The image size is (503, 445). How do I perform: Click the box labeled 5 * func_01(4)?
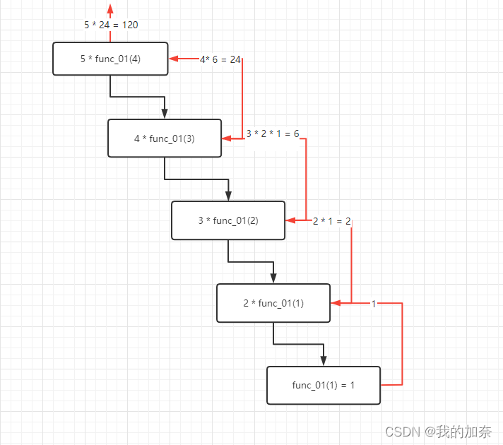coord(110,59)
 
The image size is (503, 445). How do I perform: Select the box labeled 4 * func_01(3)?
coord(165,138)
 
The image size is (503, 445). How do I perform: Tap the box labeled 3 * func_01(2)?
coord(228,220)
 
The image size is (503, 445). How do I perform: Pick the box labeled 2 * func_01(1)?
coord(273,303)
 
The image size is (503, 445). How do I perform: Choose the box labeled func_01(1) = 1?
coord(324,385)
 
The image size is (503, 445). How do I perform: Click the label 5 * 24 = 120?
coord(111,25)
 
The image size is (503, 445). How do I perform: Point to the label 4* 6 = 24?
coord(220,59)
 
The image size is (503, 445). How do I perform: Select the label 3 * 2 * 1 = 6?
coord(273,133)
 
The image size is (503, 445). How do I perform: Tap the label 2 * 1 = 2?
coord(332,221)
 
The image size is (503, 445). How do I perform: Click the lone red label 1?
coord(374,304)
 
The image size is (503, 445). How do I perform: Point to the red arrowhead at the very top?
coord(110,9)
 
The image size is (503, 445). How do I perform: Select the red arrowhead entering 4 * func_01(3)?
coord(227,138)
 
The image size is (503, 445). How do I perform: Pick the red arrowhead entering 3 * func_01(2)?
coord(290,220)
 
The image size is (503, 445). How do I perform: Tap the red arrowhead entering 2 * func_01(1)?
coord(336,303)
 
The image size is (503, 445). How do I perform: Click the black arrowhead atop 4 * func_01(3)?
coord(165,114)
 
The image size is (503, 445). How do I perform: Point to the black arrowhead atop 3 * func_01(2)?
coord(228,196)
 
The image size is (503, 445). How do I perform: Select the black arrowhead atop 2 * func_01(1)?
coord(273,278)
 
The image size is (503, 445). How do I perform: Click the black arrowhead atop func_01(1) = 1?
coord(324,360)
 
